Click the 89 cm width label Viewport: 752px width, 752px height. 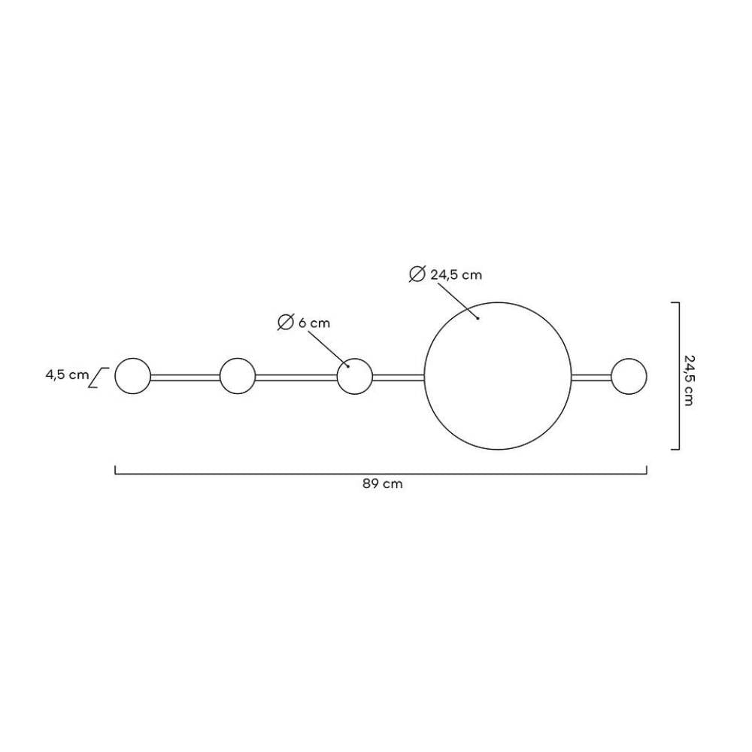382,484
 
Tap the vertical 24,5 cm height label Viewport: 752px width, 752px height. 689,381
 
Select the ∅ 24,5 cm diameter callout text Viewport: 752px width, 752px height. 445,274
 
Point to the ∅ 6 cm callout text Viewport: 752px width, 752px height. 304,323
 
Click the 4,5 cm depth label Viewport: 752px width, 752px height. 67,374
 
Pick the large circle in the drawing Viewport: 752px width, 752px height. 498,302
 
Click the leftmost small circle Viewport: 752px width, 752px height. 133,358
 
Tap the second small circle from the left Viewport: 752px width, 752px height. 238,358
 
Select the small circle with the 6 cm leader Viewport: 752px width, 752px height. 355,358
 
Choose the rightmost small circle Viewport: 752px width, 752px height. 629,358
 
